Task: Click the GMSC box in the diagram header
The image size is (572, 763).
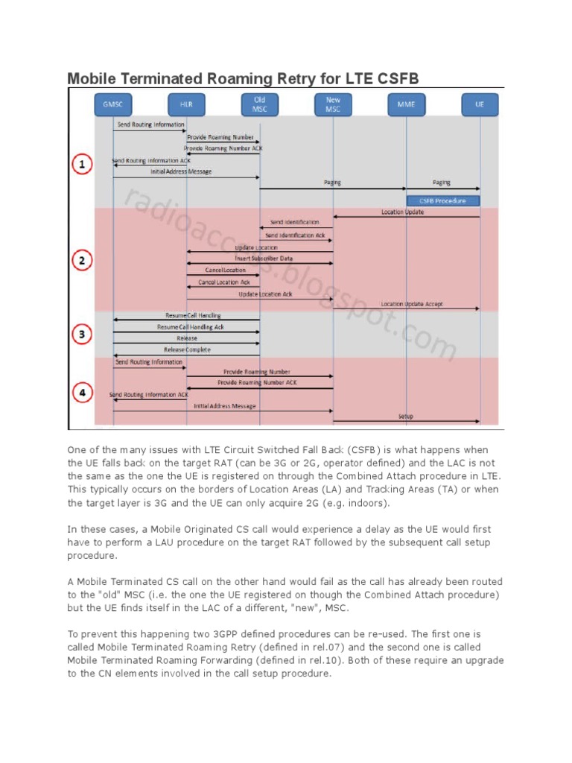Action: (x=113, y=104)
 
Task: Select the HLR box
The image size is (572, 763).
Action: (x=186, y=104)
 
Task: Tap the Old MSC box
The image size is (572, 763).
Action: (x=259, y=104)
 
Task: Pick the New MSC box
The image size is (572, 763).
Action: (x=333, y=104)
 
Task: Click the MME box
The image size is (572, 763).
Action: (x=406, y=104)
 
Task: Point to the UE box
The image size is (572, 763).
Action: (x=479, y=104)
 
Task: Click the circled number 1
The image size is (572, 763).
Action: (x=81, y=164)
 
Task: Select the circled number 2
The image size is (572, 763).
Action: (x=81, y=260)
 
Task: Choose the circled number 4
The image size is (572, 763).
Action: (x=81, y=392)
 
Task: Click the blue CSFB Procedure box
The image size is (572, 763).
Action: (x=443, y=200)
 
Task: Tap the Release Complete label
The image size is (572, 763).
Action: (x=187, y=349)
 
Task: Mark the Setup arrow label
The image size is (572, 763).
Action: (x=406, y=417)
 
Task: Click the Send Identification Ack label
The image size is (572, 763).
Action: (x=295, y=235)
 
